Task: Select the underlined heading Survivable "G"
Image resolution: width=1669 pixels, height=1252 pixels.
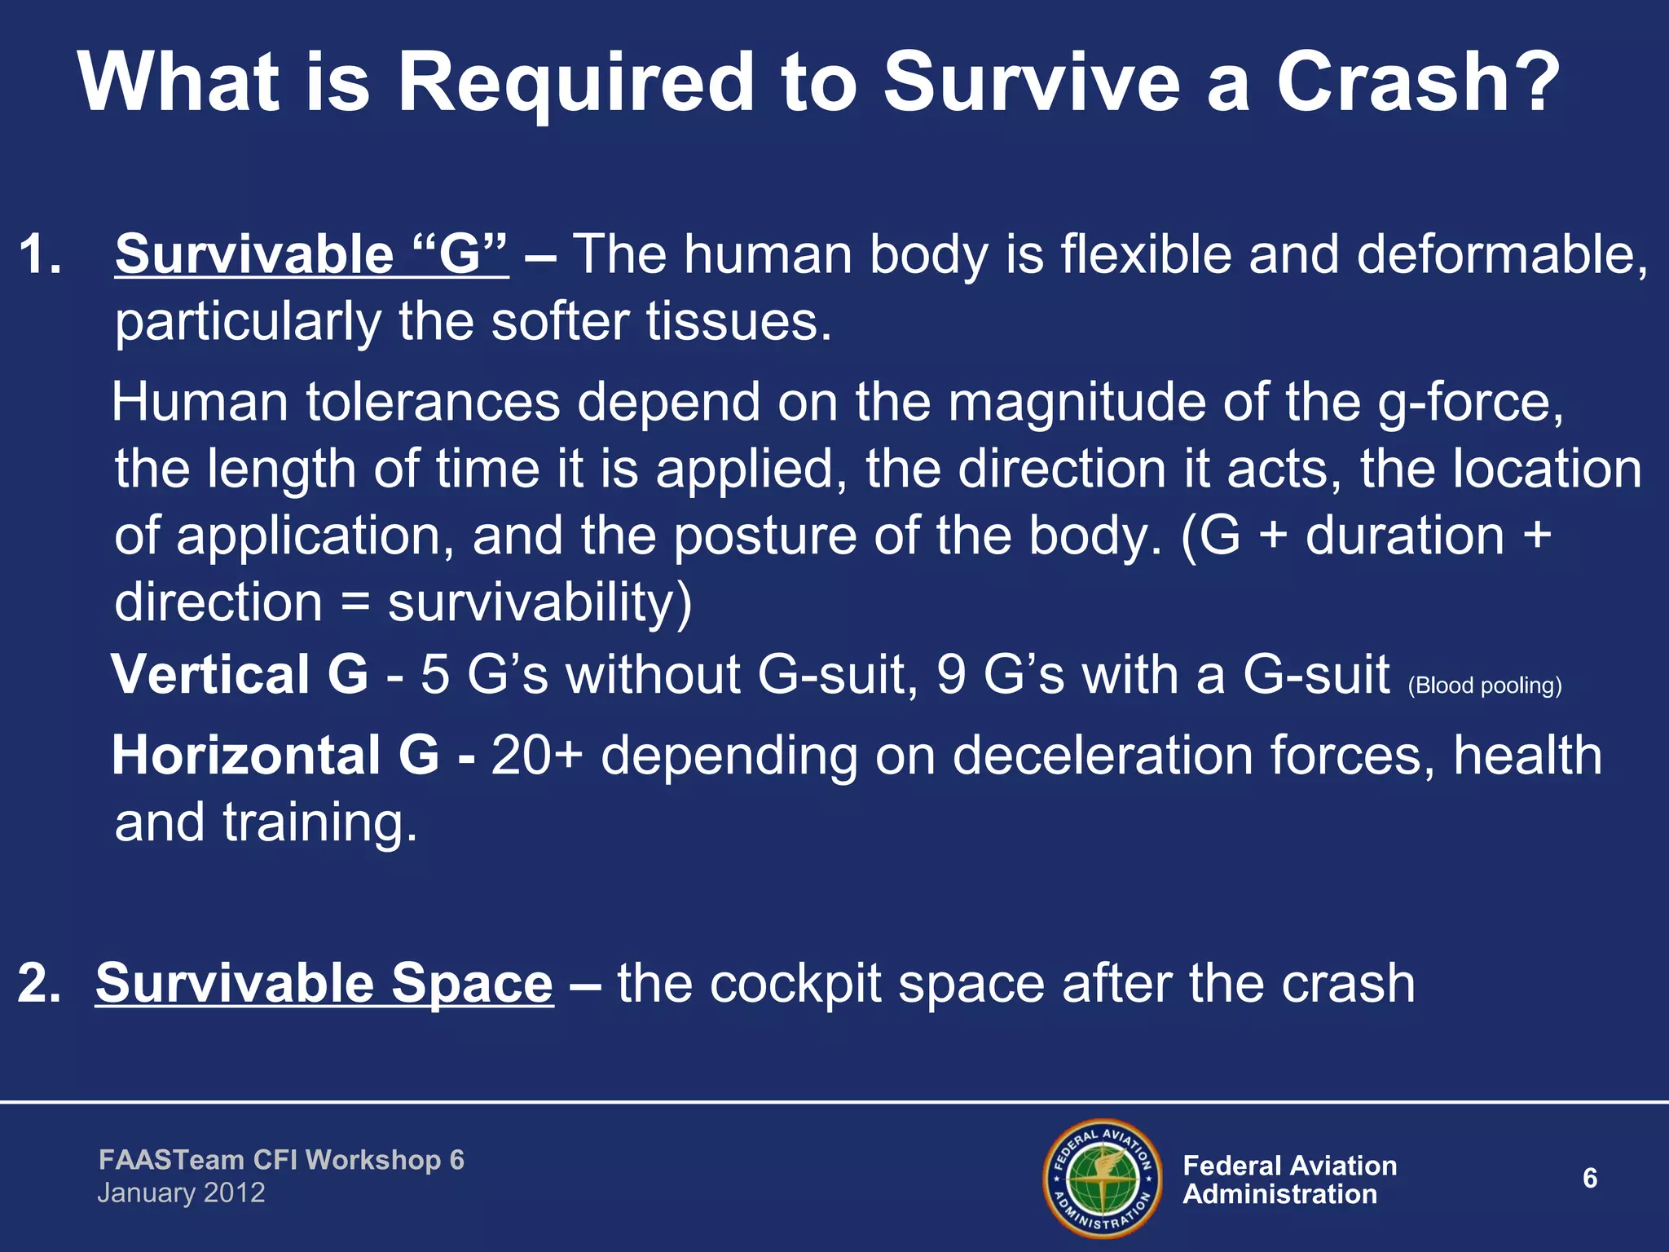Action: coord(311,254)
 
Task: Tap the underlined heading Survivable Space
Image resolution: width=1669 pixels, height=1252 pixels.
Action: coord(324,983)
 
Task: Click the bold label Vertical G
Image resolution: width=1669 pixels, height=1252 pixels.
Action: coord(240,675)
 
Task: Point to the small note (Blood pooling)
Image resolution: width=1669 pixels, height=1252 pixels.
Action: coord(1485,686)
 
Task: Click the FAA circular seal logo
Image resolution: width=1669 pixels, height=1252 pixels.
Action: coord(1103,1178)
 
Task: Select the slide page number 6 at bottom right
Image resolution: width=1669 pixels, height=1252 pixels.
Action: coord(1589,1178)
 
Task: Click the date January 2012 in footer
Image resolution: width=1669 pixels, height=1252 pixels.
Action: coord(181,1193)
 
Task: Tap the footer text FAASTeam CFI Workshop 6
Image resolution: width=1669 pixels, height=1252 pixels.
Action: coord(281,1160)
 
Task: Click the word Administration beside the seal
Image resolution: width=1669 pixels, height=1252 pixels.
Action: coord(1279,1194)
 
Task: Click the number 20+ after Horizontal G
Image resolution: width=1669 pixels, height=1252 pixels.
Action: coord(536,755)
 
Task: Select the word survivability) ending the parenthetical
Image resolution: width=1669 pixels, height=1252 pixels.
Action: coord(539,603)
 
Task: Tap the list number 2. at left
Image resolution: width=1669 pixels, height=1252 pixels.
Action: coord(39,983)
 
